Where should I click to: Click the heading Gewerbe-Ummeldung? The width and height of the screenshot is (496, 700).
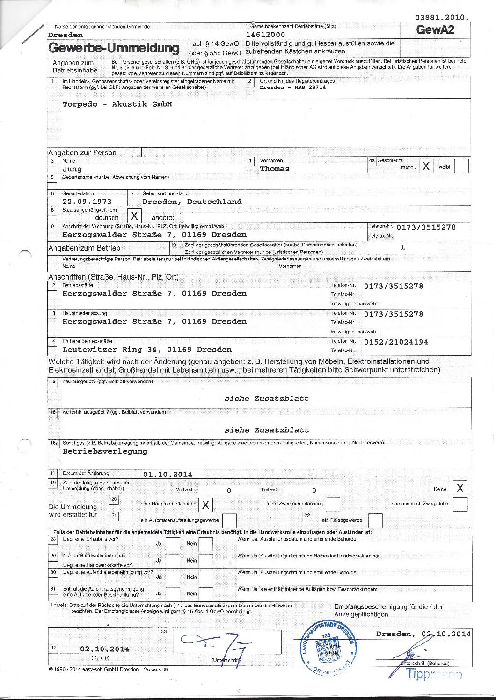point(114,48)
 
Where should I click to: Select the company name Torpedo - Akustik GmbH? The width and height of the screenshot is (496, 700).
point(117,104)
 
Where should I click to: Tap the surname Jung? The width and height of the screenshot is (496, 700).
point(72,169)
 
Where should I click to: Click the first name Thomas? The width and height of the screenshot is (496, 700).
point(275,169)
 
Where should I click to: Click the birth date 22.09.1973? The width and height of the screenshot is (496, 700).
point(87,202)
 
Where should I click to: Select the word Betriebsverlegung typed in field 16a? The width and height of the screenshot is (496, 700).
point(105,452)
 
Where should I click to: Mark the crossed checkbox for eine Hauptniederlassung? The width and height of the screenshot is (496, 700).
point(205,505)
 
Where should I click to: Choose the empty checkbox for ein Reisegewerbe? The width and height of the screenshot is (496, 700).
point(375,520)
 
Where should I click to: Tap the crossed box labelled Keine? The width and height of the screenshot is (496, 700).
point(460,488)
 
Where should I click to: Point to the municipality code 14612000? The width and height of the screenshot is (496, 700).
point(265,35)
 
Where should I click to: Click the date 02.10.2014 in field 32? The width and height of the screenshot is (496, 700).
point(105,649)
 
